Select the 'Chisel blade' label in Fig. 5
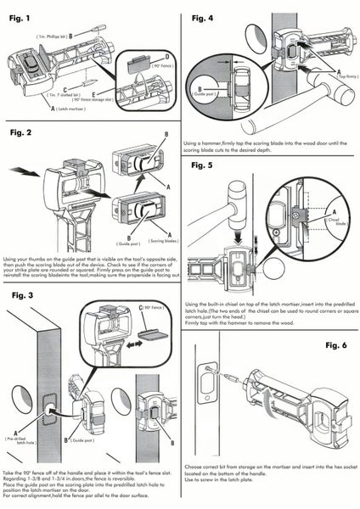(331, 217)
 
